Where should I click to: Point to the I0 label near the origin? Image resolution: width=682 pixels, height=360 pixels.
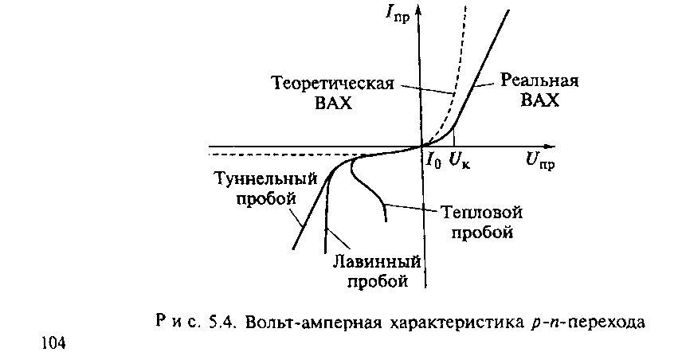click(433, 161)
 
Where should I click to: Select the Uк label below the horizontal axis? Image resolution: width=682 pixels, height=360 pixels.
click(460, 161)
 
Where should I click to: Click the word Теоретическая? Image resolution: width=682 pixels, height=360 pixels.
click(334, 84)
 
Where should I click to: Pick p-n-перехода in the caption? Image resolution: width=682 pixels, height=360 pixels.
click(582, 323)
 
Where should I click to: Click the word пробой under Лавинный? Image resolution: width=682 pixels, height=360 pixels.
click(378, 281)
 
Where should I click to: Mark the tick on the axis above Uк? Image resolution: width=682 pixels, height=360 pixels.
click(453, 142)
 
